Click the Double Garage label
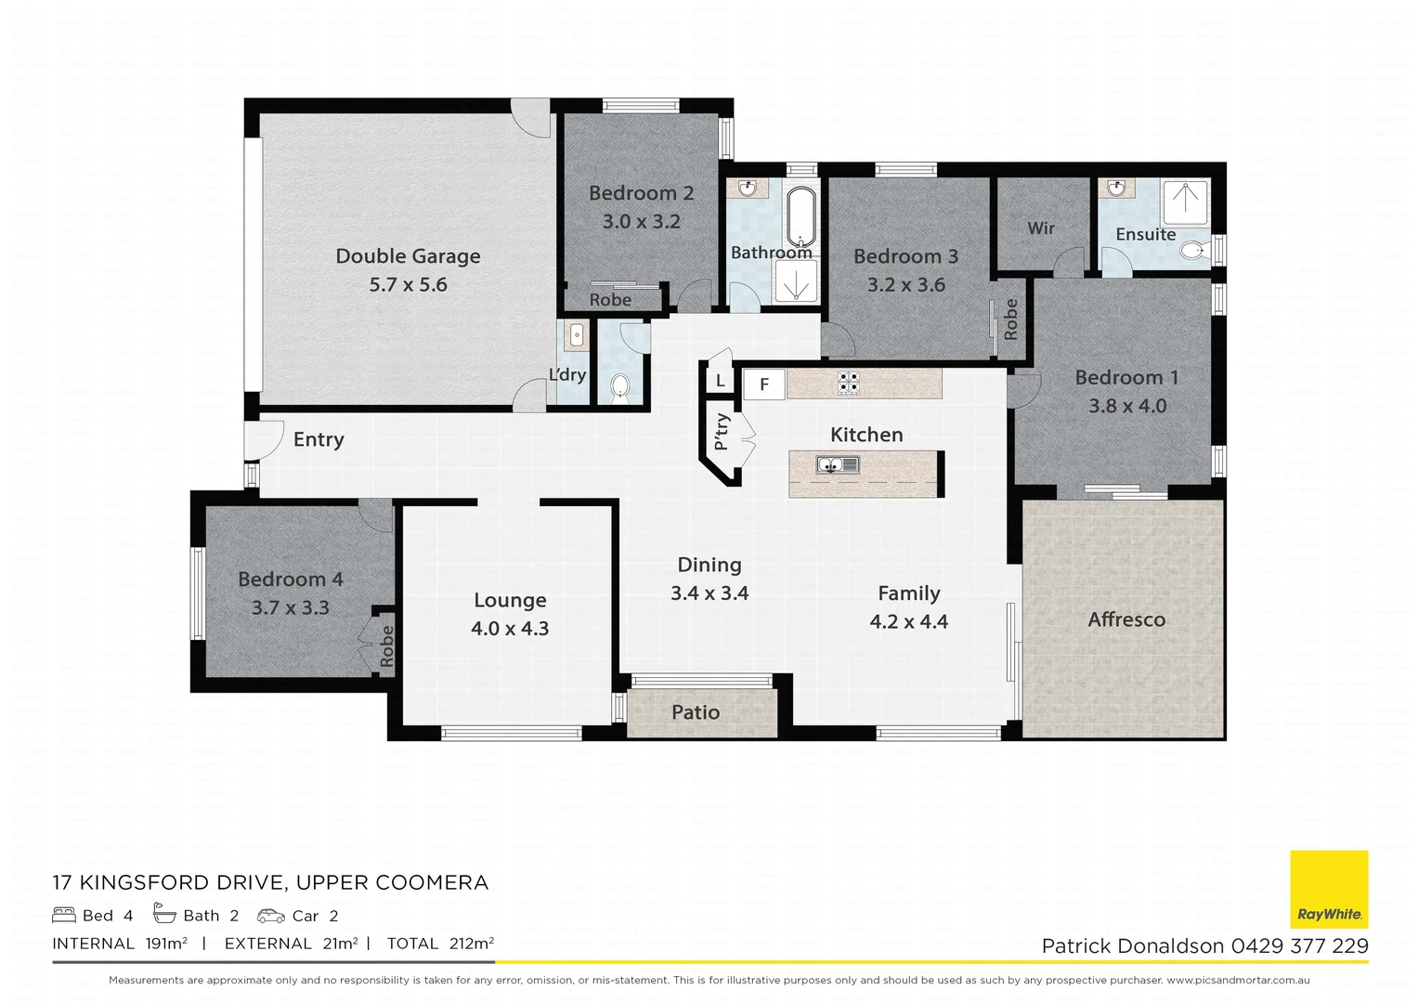click(x=408, y=256)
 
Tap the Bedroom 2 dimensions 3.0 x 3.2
click(x=641, y=222)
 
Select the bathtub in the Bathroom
click(x=801, y=215)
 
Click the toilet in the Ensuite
click(x=1192, y=251)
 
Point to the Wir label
click(x=1040, y=228)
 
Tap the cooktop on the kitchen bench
click(x=848, y=383)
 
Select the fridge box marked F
click(x=764, y=384)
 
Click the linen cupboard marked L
click(x=720, y=381)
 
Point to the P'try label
click(x=723, y=432)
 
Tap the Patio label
click(x=696, y=712)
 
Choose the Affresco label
click(x=1126, y=619)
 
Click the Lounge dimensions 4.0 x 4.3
click(x=510, y=629)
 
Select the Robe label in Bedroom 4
click(x=386, y=645)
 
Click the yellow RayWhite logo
click(x=1329, y=889)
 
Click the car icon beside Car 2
click(x=271, y=916)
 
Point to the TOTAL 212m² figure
click(x=440, y=944)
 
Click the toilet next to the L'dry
click(x=619, y=386)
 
